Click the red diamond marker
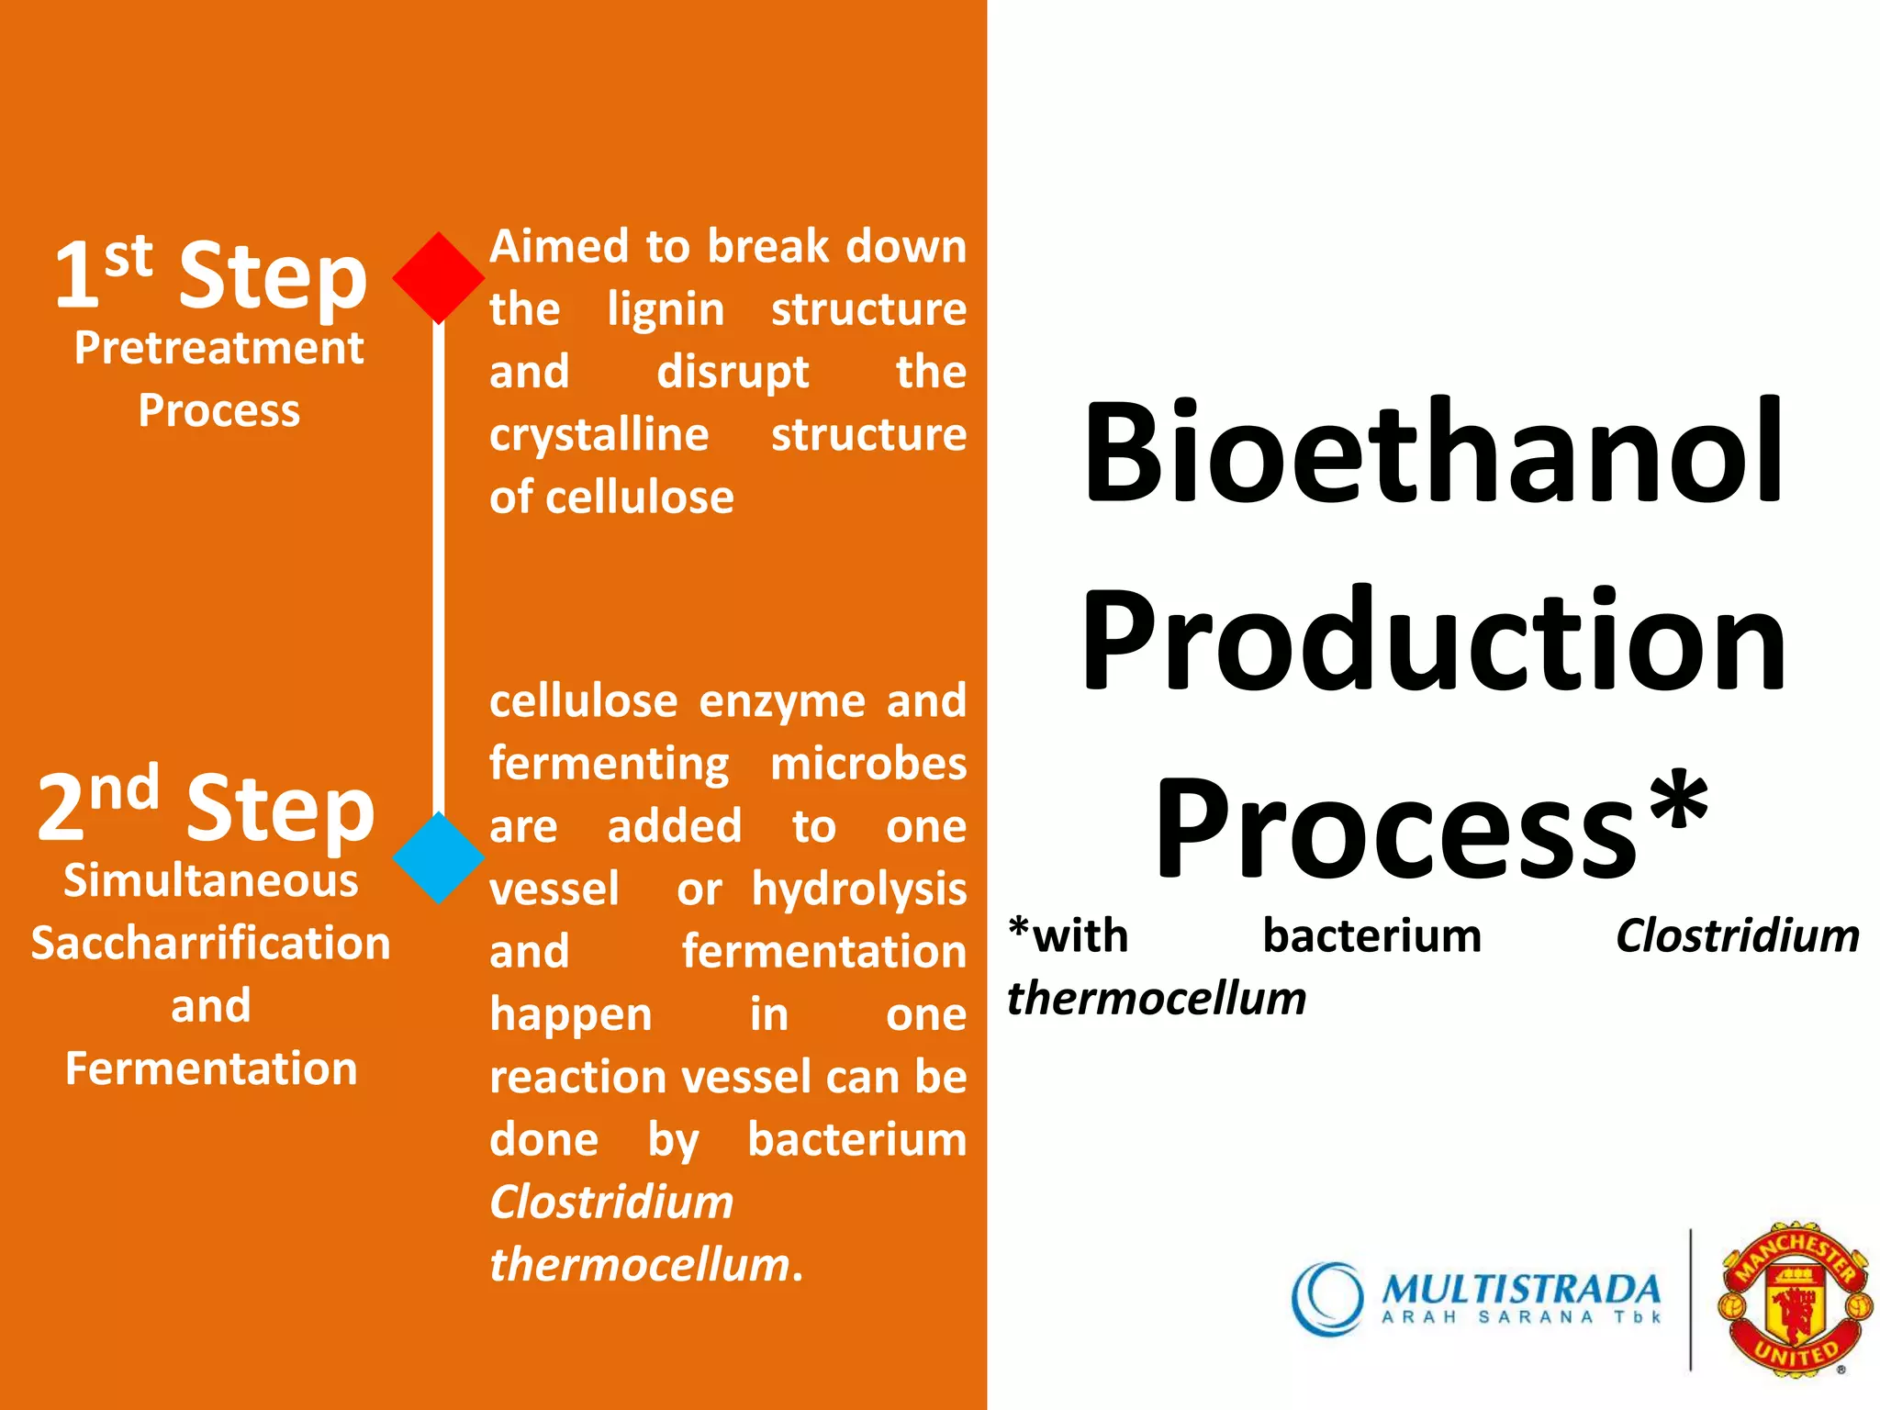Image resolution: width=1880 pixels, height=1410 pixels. (x=438, y=277)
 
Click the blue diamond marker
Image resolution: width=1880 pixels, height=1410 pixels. (x=438, y=857)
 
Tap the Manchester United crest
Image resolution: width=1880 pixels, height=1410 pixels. (x=1795, y=1298)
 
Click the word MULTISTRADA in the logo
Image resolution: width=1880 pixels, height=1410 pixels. (x=1520, y=1289)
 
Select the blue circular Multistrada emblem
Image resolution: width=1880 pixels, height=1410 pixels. (x=1327, y=1298)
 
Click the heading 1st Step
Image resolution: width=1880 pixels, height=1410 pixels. (x=210, y=274)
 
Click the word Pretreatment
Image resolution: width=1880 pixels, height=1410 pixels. (x=218, y=348)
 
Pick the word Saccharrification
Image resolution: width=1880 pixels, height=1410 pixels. (x=210, y=944)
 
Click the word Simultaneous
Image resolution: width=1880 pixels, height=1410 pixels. (x=210, y=881)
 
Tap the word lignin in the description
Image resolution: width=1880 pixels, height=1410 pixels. (x=666, y=309)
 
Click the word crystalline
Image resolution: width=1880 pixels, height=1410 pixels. (x=599, y=434)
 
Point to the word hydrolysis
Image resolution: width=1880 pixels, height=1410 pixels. (x=858, y=889)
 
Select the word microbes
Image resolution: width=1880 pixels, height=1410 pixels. (x=867, y=764)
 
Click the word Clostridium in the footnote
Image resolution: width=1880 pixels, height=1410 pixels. (x=1737, y=936)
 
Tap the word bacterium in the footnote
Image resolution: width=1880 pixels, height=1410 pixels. (x=1371, y=936)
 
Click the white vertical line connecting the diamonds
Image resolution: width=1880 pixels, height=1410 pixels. (x=438, y=569)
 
